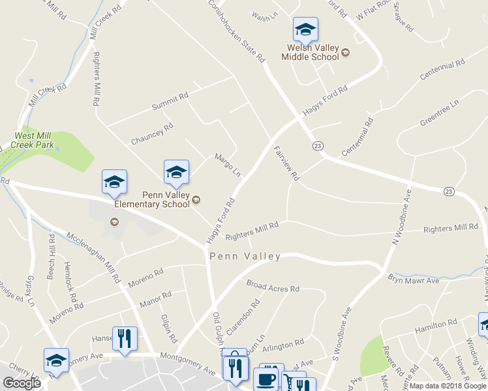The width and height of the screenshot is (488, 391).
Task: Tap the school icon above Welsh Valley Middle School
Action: point(305,29)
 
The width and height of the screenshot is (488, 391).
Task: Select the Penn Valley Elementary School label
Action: point(152,199)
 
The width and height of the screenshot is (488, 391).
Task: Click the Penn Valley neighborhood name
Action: point(245,257)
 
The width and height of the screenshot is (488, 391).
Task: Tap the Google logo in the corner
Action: point(22,383)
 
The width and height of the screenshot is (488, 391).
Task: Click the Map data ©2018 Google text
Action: point(447,386)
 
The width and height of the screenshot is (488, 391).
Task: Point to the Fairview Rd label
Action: point(286,163)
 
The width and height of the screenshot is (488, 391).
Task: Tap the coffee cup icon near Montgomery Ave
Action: point(266,379)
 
